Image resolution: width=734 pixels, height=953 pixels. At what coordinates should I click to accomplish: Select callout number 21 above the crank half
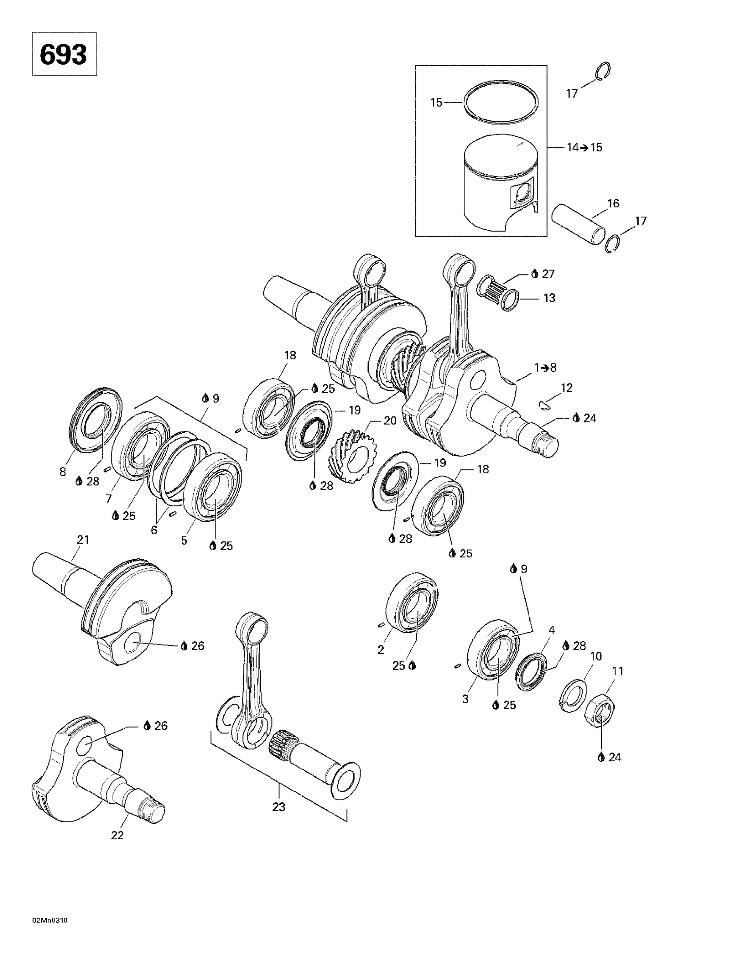(83, 539)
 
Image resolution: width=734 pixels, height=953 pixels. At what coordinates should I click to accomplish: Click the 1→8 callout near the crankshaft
(545, 368)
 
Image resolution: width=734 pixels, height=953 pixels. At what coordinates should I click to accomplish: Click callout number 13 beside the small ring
(549, 298)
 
